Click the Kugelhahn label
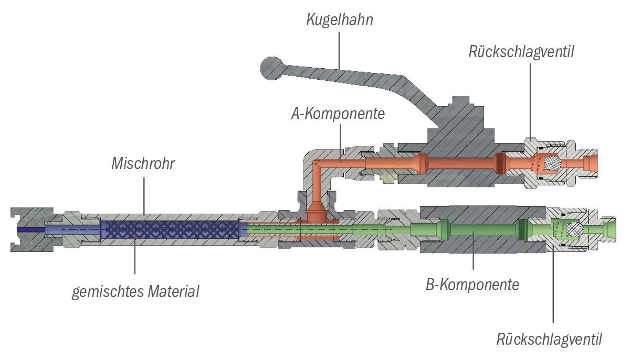point(340,20)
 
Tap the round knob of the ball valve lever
point(272,68)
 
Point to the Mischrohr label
point(143,163)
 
